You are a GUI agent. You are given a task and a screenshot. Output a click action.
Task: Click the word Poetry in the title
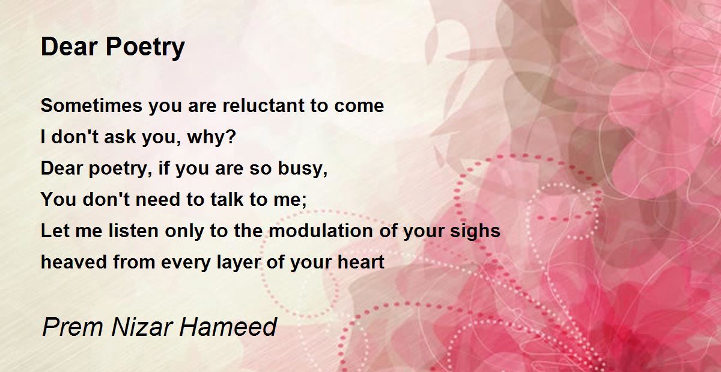click(x=145, y=48)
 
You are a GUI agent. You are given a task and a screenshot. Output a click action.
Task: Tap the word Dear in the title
click(x=69, y=46)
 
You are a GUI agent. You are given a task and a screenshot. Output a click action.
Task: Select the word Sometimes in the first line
click(x=91, y=105)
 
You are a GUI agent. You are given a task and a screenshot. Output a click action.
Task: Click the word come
click(x=359, y=107)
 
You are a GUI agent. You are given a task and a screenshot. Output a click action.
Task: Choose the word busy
click(x=303, y=169)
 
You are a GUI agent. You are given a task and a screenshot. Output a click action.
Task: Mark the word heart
click(x=361, y=262)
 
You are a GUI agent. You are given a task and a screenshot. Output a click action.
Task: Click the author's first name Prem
click(x=73, y=327)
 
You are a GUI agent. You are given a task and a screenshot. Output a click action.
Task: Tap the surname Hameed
click(x=228, y=327)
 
